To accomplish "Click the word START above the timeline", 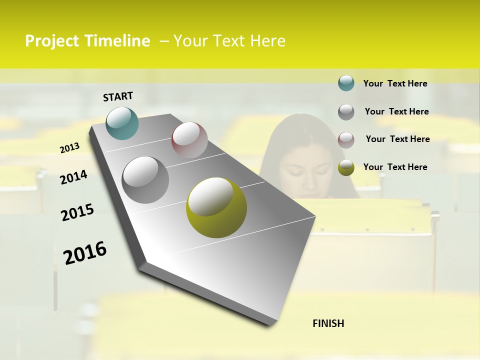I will [118, 96].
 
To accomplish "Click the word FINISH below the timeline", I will [328, 323].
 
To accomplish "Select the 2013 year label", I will [69, 147].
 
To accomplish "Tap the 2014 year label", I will [73, 177].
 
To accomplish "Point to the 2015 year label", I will [77, 212].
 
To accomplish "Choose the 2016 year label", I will [85, 252].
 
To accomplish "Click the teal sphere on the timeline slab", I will [122, 123].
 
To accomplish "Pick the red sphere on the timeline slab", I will [189, 140].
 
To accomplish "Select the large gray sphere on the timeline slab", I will [145, 179].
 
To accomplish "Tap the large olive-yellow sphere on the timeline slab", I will [216, 207].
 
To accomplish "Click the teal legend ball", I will [346, 83].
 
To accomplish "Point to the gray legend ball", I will [346, 111].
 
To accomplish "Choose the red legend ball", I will [346, 139].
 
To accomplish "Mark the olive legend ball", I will [346, 167].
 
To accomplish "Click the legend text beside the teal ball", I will [395, 83].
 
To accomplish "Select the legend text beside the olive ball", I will [395, 167].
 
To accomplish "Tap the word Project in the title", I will [52, 41].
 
